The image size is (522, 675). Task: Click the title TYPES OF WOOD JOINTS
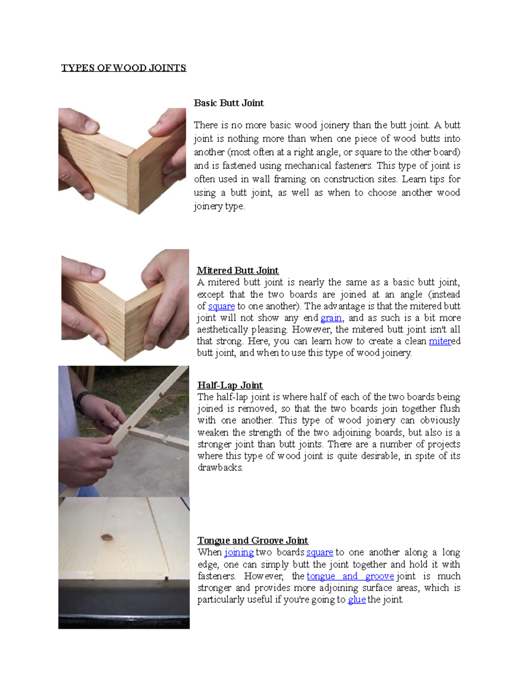124,68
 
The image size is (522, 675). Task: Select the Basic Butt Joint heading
229,103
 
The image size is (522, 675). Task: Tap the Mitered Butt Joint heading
238,270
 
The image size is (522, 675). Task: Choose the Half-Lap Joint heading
230,385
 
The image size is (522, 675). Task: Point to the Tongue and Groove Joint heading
253,540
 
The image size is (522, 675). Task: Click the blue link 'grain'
331,318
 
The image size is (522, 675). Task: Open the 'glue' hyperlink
357,600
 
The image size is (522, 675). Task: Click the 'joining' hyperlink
239,552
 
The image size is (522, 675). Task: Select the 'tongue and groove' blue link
350,576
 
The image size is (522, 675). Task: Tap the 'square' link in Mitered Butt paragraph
221,306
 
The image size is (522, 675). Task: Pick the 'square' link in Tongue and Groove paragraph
320,552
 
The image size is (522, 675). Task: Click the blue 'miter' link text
440,341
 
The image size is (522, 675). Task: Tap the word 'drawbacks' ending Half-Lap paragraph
220,468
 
